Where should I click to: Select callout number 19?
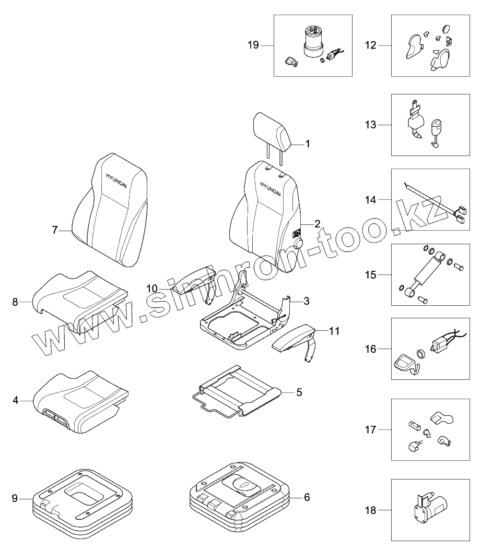(253, 45)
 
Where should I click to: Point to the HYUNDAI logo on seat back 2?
(271, 188)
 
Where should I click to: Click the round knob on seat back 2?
(299, 243)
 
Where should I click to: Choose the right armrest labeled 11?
(294, 337)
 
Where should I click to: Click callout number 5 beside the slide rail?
(299, 392)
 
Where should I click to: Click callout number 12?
(370, 45)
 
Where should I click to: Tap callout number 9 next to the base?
(15, 498)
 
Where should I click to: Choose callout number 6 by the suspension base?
(307, 497)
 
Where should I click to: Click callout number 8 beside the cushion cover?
(15, 302)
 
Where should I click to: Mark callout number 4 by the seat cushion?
(15, 400)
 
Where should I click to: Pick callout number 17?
(370, 429)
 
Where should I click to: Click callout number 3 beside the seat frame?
(307, 301)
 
